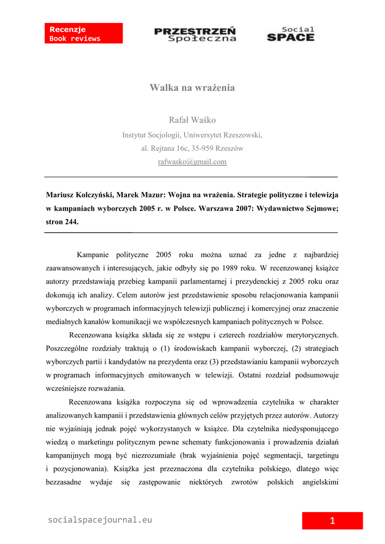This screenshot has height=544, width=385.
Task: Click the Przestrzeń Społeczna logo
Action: (x=195, y=34)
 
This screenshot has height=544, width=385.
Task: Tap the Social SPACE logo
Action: (x=290, y=34)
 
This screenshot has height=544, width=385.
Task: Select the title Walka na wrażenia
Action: (x=192, y=88)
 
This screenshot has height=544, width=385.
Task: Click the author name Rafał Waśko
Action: (x=192, y=120)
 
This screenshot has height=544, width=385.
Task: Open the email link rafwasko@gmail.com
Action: (x=192, y=161)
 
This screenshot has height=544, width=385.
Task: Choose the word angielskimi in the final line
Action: (x=320, y=483)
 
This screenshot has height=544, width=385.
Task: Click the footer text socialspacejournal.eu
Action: (x=100, y=520)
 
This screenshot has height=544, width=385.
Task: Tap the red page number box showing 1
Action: (x=332, y=521)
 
